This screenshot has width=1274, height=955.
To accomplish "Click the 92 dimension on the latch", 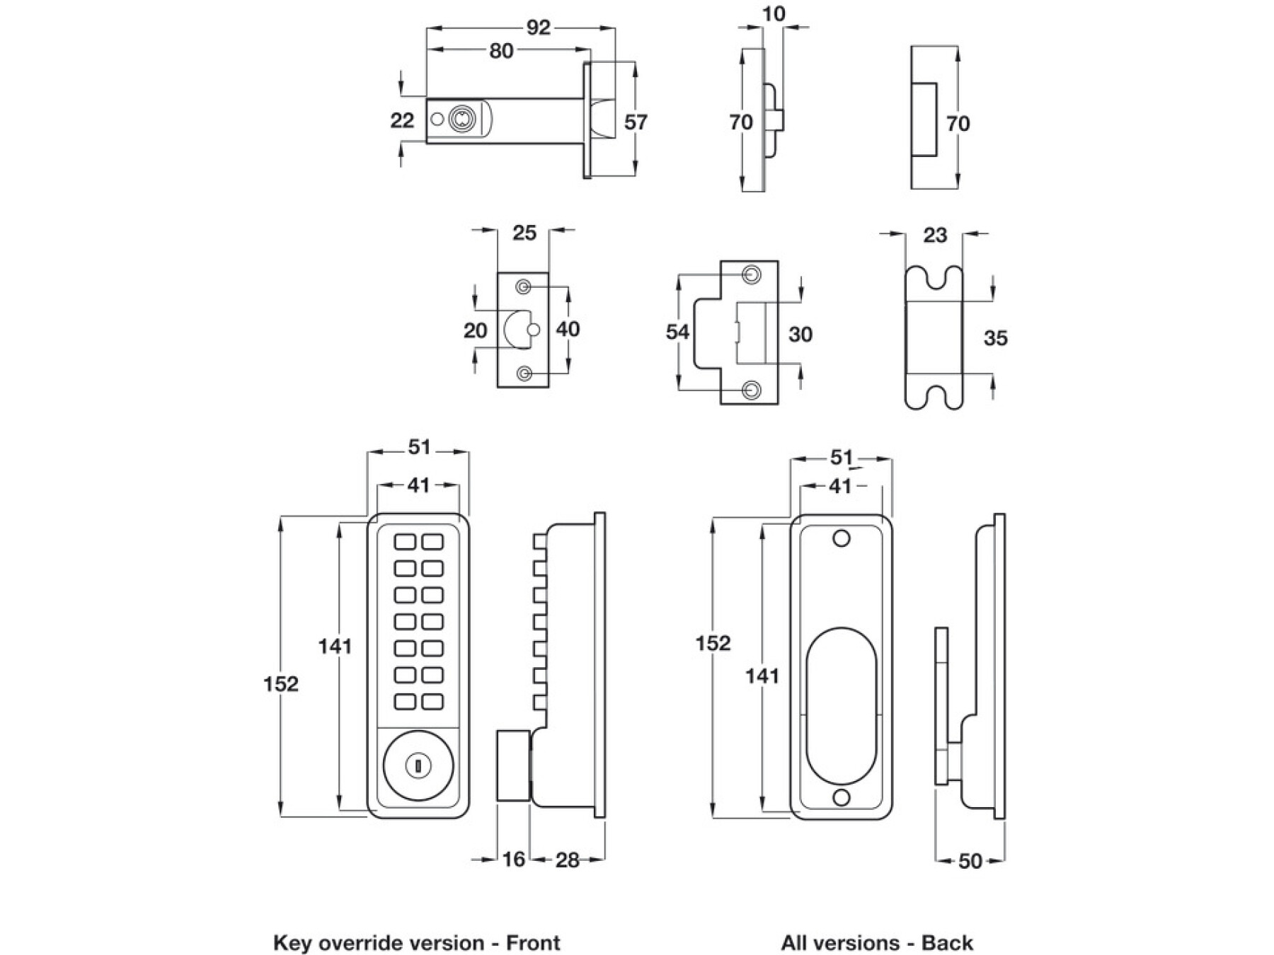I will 538,28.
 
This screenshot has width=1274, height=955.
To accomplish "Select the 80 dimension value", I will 501,51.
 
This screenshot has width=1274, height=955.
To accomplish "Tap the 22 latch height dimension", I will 402,120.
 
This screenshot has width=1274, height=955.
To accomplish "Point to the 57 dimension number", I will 636,122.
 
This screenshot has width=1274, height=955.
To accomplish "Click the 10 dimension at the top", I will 774,14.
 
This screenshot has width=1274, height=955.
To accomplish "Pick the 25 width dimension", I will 524,233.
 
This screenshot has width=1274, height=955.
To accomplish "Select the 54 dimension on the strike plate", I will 677,332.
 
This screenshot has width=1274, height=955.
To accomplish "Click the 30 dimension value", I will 800,334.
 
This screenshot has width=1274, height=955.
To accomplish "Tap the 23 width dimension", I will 935,236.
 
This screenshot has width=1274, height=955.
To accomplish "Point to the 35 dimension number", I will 995,338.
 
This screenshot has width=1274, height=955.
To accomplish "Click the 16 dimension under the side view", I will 514,859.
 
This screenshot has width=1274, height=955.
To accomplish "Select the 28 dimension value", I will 568,860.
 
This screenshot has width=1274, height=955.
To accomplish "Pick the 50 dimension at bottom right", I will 970,861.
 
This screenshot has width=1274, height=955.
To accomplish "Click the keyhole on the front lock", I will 417,765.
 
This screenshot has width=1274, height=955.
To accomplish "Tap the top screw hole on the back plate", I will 841,539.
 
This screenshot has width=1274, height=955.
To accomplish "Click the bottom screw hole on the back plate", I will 841,798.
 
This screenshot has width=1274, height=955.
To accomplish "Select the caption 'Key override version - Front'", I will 416,943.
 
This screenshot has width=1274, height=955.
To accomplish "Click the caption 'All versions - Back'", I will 877,943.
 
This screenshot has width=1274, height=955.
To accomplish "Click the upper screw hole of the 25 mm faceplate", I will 524,286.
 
